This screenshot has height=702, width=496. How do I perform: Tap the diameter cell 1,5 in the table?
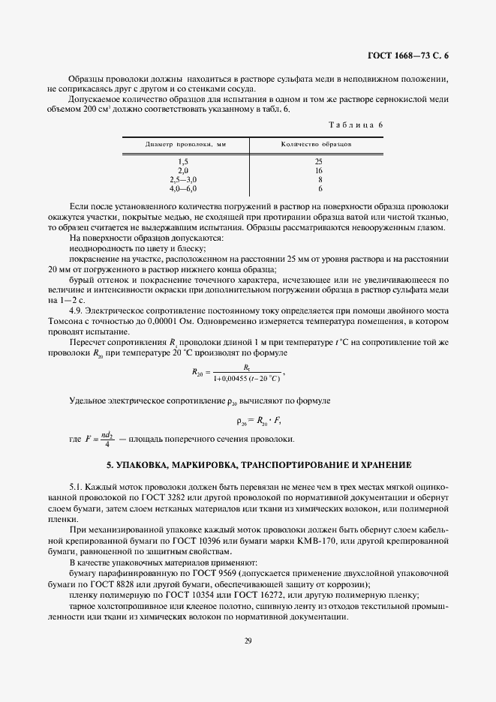pyautogui.click(x=183, y=162)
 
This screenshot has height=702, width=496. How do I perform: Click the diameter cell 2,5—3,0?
pyautogui.click(x=183, y=180)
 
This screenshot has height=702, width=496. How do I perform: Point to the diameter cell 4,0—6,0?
pyautogui.click(x=183, y=189)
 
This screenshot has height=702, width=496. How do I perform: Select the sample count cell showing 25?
pyautogui.click(x=319, y=162)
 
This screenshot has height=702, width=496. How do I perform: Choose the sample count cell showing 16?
pyautogui.click(x=319, y=171)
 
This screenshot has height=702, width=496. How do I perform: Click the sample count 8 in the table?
pyautogui.click(x=320, y=180)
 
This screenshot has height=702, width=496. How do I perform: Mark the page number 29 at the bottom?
pyautogui.click(x=248, y=640)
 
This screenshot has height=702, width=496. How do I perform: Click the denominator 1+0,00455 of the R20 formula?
pyautogui.click(x=231, y=379)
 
